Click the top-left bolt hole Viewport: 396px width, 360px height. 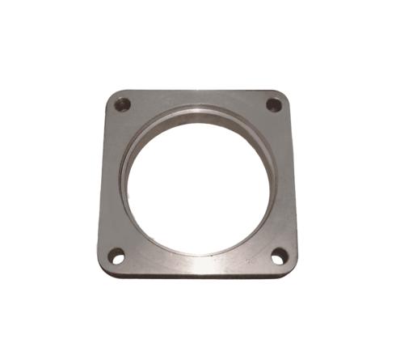[x=123, y=104]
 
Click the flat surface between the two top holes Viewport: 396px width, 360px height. [x=198, y=100]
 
